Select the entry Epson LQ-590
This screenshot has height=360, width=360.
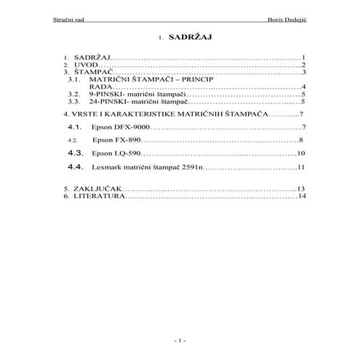point(115,154)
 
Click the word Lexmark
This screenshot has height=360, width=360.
point(107,167)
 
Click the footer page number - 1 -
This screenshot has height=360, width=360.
point(180,340)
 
